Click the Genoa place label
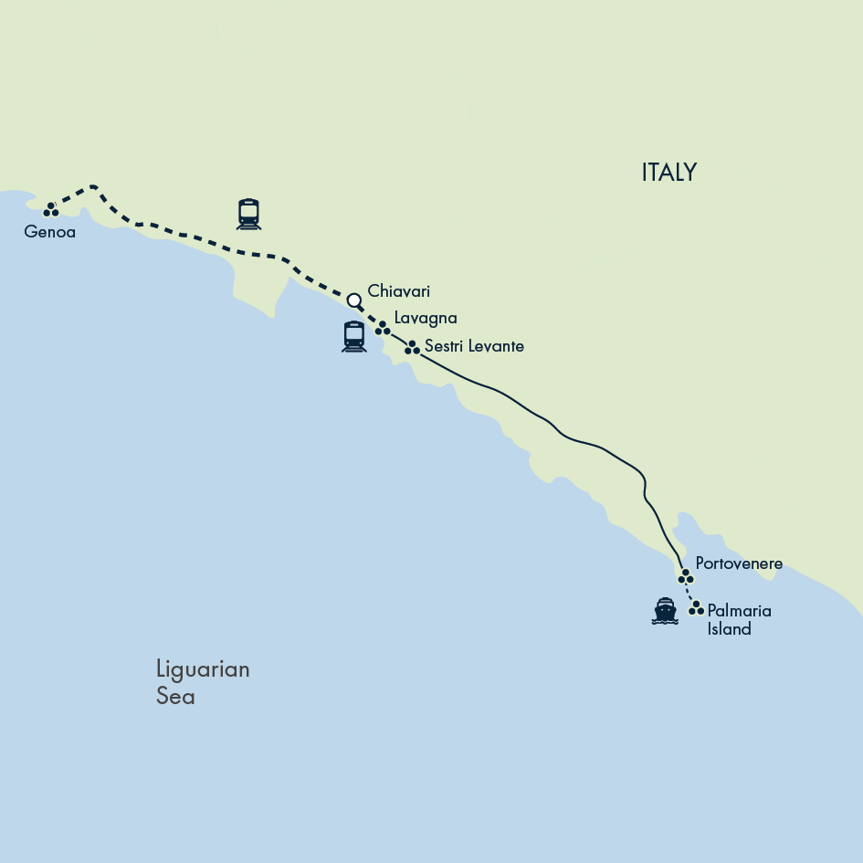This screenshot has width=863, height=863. (49, 232)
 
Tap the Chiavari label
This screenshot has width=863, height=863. (398, 291)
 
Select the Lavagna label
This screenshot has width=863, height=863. (425, 318)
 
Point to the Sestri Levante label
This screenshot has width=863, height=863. (474, 347)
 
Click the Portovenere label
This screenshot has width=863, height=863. (738, 563)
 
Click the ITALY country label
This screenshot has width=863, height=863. (668, 173)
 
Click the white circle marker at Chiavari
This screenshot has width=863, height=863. (354, 300)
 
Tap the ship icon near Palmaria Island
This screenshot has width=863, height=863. (665, 611)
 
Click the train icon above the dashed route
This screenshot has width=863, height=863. (248, 214)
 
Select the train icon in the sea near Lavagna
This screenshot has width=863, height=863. (354, 336)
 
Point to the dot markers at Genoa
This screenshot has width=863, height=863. (51, 210)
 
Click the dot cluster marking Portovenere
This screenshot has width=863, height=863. (686, 576)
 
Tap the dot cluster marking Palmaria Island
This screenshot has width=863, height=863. (697, 607)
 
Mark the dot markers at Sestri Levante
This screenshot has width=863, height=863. (413, 347)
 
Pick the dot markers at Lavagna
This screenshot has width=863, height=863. (383, 328)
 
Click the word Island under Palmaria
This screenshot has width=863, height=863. (729, 629)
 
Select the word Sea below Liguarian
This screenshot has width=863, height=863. (175, 697)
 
